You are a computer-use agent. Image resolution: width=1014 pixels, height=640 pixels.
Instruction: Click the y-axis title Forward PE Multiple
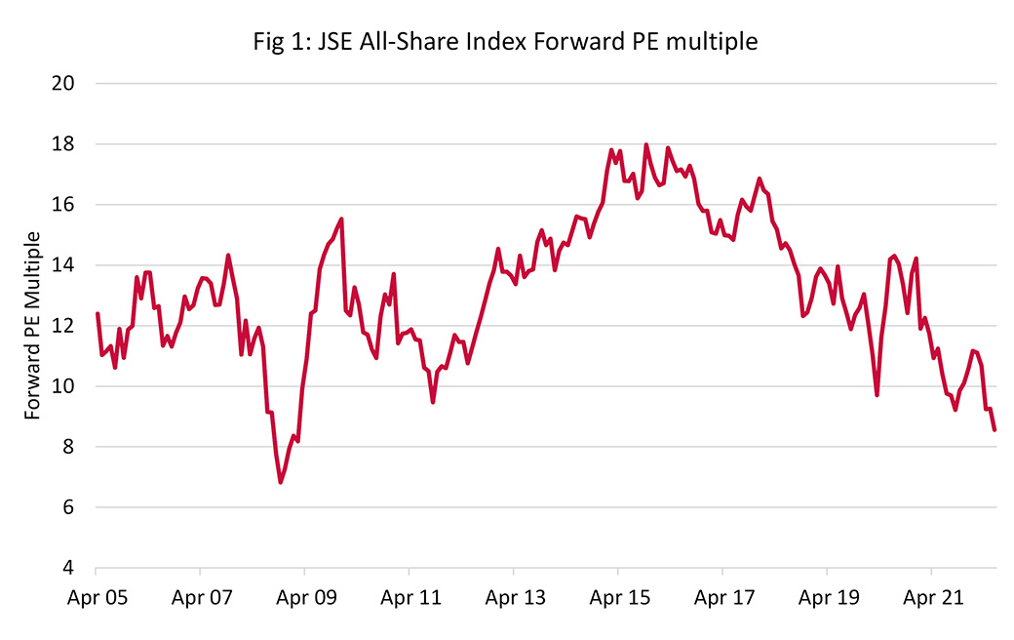point(33,326)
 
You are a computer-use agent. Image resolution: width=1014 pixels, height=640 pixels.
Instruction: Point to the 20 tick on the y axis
point(63,84)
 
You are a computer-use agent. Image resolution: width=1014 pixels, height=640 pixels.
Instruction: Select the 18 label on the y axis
point(63,144)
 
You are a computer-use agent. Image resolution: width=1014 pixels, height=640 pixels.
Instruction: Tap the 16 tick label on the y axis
point(63,205)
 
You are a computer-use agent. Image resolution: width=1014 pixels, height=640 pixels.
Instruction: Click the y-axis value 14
point(63,265)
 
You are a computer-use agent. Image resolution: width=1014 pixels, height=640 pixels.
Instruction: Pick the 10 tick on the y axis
point(63,386)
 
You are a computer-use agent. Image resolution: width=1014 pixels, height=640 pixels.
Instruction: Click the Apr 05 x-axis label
point(96,596)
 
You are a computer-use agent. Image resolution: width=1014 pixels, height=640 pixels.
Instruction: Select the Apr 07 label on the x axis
point(200,596)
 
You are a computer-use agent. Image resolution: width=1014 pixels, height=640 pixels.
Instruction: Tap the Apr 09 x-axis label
point(304,596)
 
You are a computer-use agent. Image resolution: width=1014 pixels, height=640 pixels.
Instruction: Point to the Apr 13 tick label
point(514,596)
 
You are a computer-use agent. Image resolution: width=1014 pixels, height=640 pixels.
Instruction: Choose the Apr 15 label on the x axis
point(618,596)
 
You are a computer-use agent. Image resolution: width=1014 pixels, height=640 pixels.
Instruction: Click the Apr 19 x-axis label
point(827,596)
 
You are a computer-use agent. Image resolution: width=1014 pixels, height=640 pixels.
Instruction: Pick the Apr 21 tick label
point(931,596)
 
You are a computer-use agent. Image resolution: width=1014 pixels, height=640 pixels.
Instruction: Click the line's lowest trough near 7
point(281,482)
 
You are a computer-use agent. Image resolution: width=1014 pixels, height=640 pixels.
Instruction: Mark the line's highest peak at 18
point(646,144)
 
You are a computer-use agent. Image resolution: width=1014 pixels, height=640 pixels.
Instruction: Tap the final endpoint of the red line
point(994,429)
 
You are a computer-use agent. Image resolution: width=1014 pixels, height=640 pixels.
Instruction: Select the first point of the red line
point(97,313)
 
